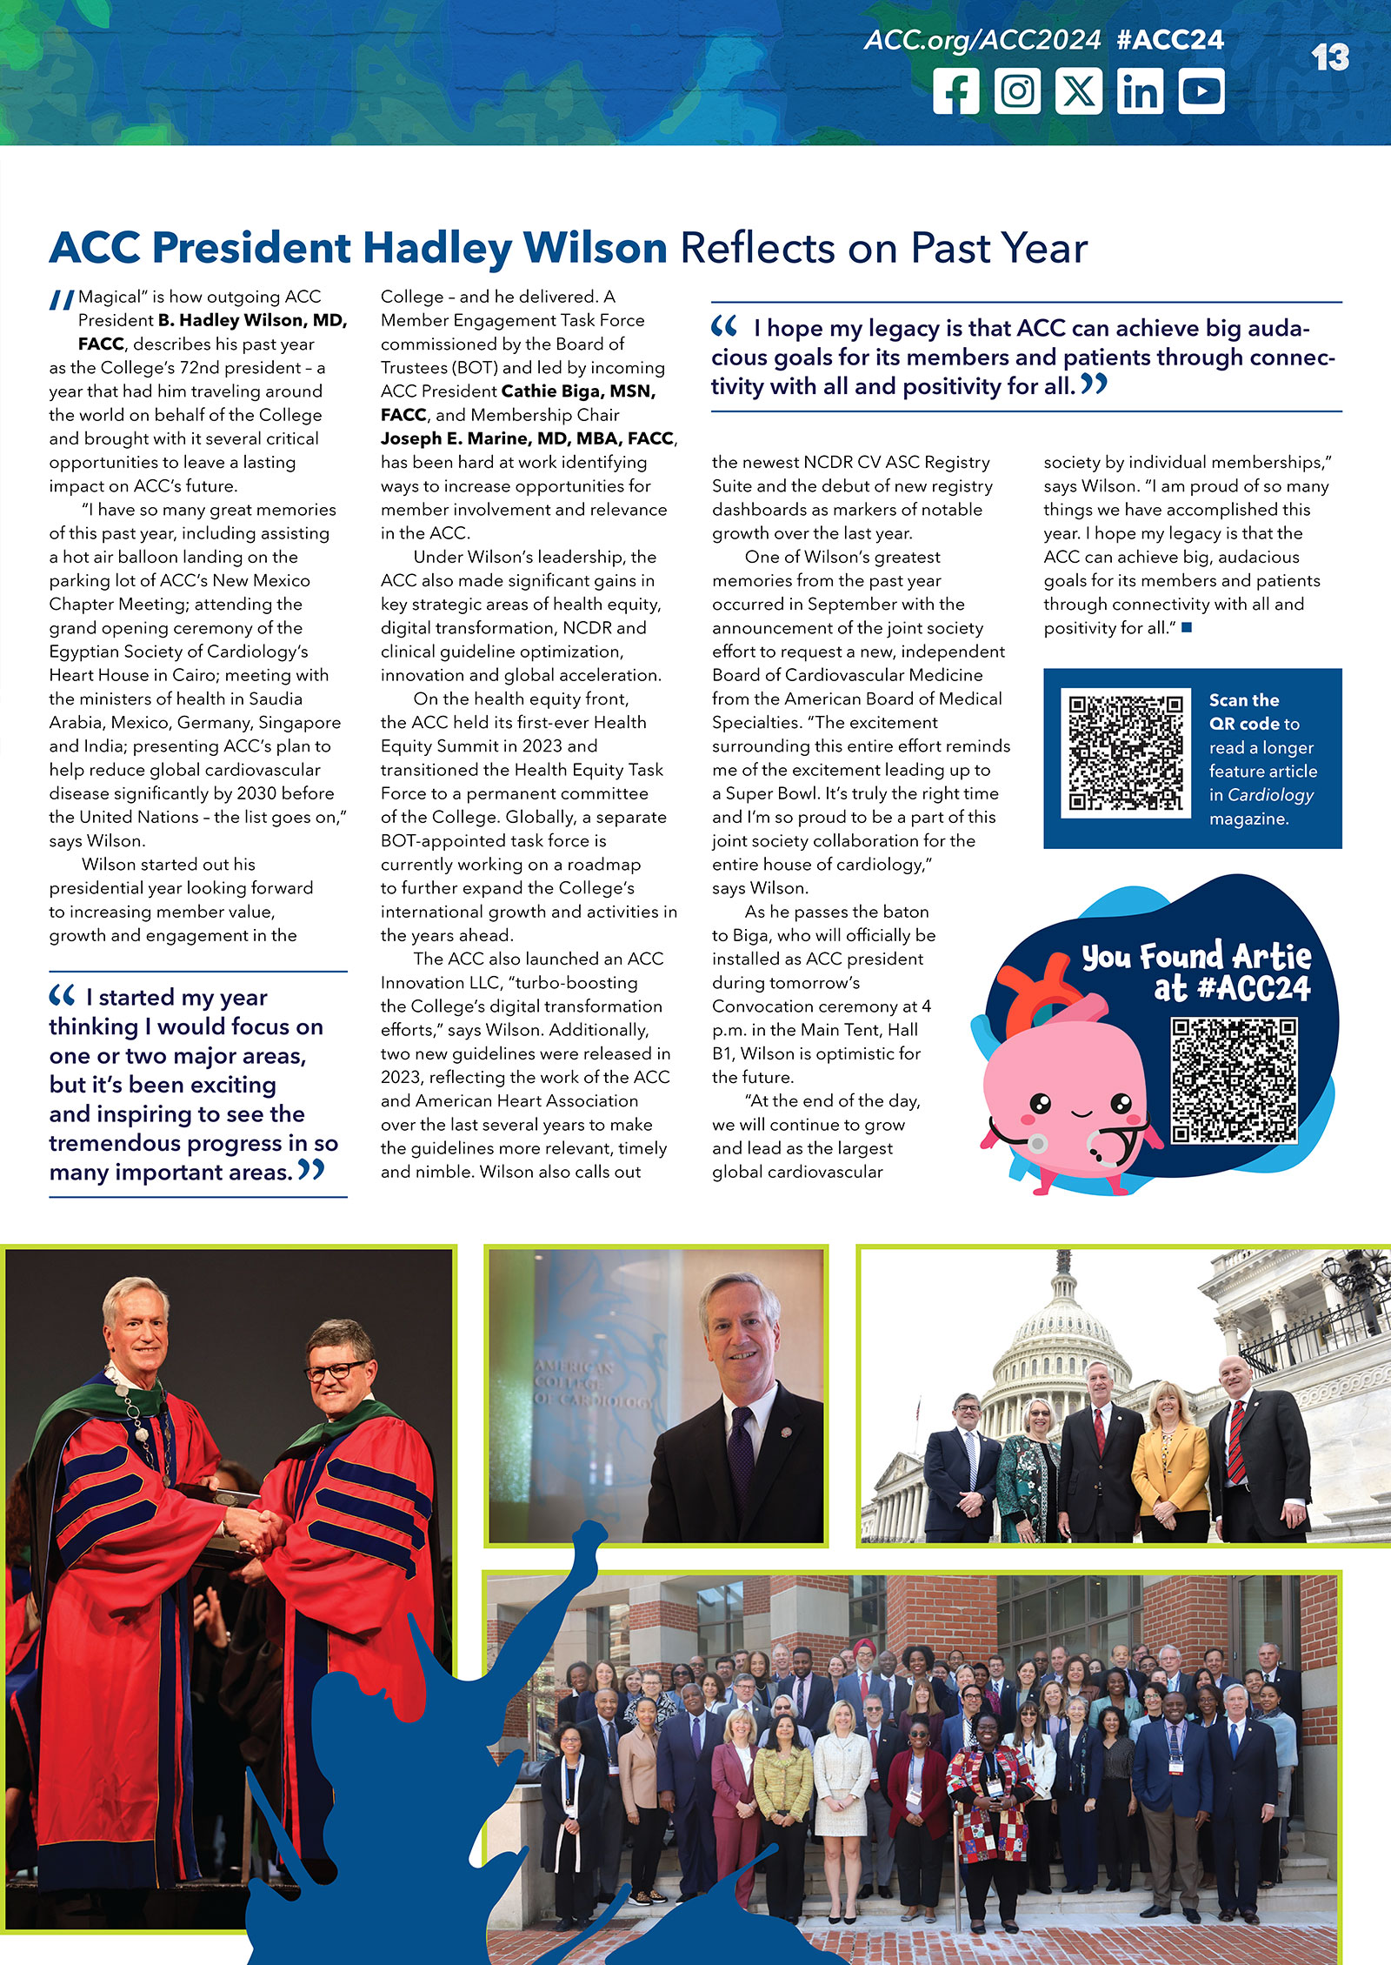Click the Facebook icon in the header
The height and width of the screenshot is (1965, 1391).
956,91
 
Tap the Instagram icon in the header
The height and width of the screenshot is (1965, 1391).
1017,91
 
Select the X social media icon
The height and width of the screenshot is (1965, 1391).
1079,91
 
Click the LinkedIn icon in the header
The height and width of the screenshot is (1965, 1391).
1140,91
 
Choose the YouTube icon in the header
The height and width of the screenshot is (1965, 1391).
1201,91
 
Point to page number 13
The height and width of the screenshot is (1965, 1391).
1329,58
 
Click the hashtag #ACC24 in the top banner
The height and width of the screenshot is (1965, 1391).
1169,40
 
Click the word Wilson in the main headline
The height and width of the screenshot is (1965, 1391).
595,249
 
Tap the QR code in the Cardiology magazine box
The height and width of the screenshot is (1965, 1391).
1125,753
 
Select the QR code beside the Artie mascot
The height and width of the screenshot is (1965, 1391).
1234,1080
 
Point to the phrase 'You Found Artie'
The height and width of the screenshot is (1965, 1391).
1196,957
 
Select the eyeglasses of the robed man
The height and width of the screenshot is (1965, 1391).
337,1370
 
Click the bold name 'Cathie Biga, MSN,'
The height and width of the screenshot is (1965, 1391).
578,391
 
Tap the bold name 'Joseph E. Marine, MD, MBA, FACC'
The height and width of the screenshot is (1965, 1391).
528,438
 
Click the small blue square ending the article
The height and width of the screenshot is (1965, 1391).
1187,627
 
